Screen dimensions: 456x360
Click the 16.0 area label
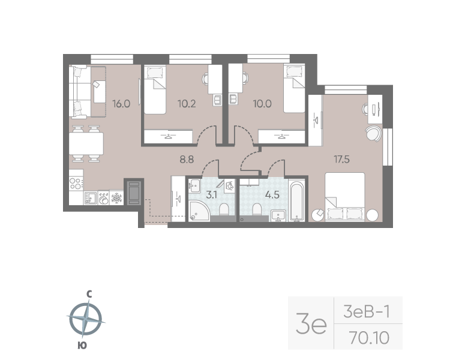(x=121, y=104)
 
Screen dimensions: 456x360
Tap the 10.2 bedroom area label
(x=187, y=104)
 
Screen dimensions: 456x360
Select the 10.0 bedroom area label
(x=262, y=104)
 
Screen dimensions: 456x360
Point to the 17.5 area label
(x=342, y=160)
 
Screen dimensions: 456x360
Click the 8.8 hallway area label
(x=187, y=160)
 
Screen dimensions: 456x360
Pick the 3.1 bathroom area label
(x=211, y=194)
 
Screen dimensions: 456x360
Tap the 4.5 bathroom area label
(x=272, y=194)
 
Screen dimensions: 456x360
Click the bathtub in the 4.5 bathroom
(x=296, y=201)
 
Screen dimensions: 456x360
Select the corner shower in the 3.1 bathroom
(x=199, y=211)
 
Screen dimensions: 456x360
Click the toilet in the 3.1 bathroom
(x=224, y=209)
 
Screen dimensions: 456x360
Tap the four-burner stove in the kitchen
(x=76, y=184)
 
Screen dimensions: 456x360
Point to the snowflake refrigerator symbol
(x=116, y=198)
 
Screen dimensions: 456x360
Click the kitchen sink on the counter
(x=91, y=198)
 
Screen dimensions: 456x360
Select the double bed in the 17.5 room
(x=345, y=197)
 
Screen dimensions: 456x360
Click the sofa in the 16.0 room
(x=78, y=92)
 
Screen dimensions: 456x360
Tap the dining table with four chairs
(x=86, y=143)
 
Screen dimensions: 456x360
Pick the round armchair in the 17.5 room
(x=373, y=133)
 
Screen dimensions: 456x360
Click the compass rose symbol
(x=86, y=319)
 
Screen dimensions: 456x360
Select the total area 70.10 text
(x=370, y=338)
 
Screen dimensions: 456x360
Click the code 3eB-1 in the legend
(x=367, y=312)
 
